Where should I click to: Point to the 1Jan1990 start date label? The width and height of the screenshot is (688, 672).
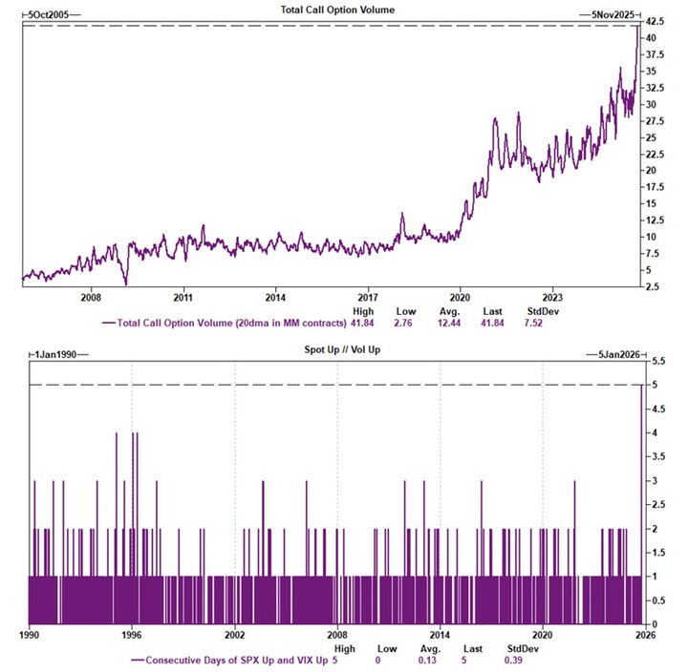click(52, 354)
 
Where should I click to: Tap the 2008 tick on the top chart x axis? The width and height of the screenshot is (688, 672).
click(92, 296)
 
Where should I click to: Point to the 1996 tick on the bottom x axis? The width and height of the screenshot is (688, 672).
click(132, 634)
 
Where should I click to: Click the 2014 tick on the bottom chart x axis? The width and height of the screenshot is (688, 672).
click(440, 634)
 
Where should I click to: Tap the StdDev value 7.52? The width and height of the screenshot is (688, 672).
click(538, 324)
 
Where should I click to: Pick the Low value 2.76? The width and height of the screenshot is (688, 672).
click(406, 324)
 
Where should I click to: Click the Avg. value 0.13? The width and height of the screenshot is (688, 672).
click(428, 660)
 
